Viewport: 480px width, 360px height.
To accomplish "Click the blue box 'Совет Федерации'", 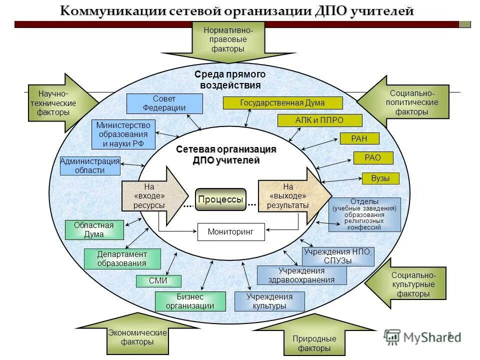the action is (x=164, y=103).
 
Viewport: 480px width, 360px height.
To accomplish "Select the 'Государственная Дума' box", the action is (x=282, y=103).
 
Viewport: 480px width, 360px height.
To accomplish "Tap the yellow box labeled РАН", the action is (x=359, y=139).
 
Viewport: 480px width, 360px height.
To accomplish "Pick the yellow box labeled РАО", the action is (x=373, y=158).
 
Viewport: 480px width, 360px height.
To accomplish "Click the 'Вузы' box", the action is (x=380, y=178).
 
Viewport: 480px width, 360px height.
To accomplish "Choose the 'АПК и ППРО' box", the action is (x=319, y=120).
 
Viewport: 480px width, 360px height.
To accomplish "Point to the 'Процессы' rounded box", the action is (x=220, y=199).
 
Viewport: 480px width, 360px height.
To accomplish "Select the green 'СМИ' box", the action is (x=158, y=281).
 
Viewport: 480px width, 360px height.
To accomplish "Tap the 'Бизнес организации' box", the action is (x=190, y=301).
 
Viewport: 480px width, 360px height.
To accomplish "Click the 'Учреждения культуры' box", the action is (x=269, y=301).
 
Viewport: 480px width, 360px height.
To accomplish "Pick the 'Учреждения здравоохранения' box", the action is (x=301, y=275).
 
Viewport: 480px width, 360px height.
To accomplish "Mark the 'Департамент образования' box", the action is (x=122, y=259).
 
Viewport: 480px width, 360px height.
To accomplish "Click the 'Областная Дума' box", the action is (x=93, y=229).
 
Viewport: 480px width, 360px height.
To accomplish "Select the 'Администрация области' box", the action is (x=90, y=165).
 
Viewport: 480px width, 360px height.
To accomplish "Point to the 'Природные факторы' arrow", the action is (x=314, y=342).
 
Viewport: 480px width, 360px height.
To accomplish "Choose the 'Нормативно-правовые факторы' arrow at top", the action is (x=227, y=40).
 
